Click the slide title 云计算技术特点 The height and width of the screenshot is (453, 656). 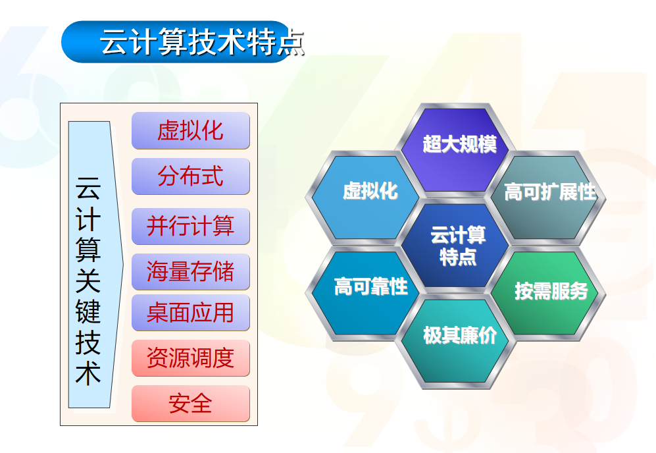tap(203, 42)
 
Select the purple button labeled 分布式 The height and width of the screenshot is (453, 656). tap(191, 176)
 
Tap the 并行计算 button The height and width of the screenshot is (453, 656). tap(191, 226)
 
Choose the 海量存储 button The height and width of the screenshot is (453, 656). tap(191, 272)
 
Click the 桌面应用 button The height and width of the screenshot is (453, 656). tap(191, 313)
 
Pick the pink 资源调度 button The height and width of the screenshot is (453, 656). tap(191, 358)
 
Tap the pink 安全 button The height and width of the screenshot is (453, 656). tap(191, 404)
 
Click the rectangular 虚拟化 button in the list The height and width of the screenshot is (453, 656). tap(191, 130)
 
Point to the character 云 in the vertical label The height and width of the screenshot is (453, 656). tap(88, 188)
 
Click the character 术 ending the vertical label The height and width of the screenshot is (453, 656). tap(88, 373)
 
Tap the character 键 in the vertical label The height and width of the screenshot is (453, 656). tap(88, 311)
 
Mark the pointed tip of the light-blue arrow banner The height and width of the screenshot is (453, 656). tap(124, 265)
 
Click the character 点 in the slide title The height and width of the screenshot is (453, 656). tap(290, 42)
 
